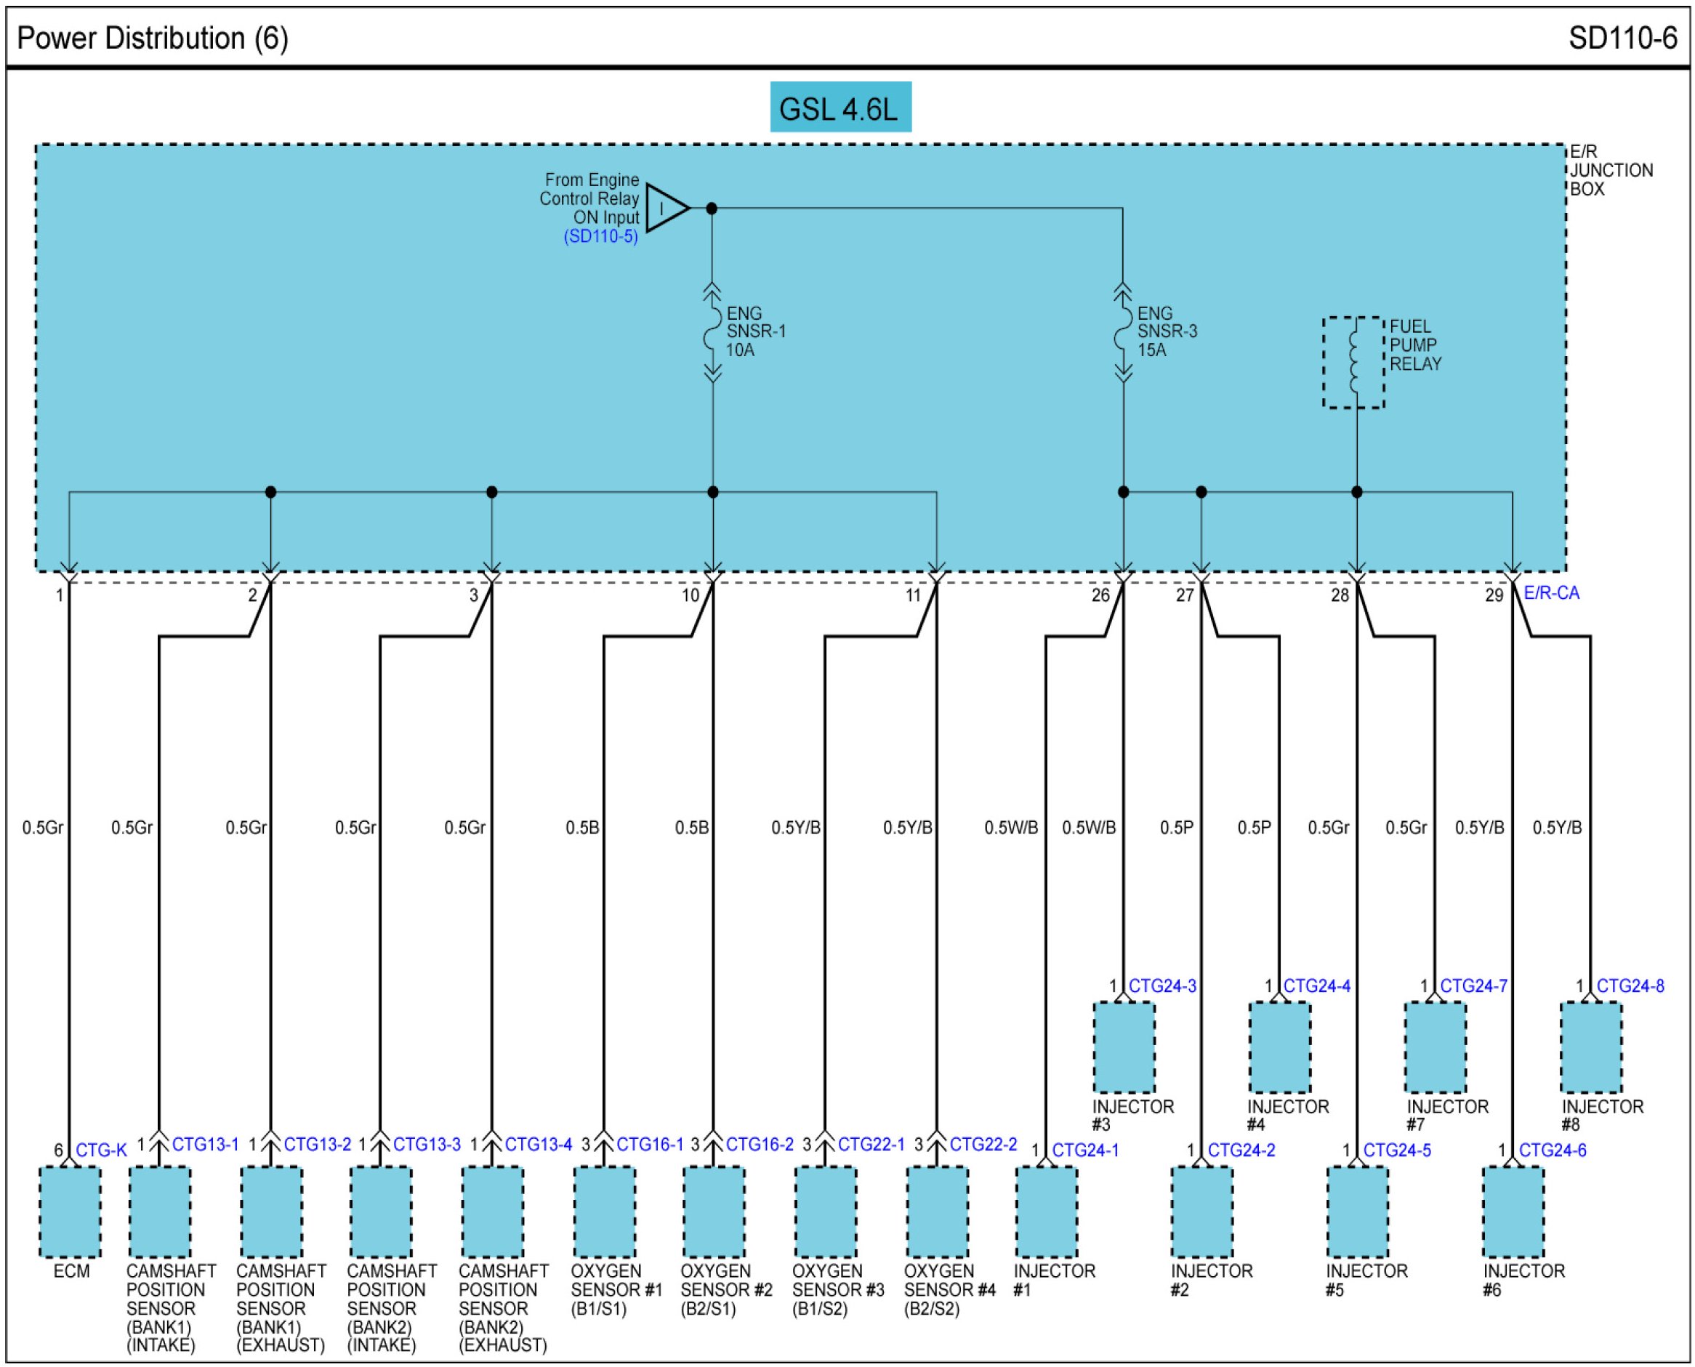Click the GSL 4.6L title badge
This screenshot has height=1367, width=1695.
click(x=840, y=107)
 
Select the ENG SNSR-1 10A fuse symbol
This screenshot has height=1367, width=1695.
click(x=712, y=332)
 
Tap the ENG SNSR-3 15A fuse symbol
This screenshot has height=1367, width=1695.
click(x=1122, y=332)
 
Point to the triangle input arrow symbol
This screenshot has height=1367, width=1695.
click(x=666, y=209)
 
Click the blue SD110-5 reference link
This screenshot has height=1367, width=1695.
click(x=600, y=236)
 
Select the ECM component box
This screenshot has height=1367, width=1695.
click(x=70, y=1212)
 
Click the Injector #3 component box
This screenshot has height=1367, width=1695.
click(x=1124, y=1047)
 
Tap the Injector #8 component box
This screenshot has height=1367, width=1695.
click(x=1591, y=1047)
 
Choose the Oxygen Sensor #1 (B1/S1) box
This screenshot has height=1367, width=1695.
click(x=604, y=1212)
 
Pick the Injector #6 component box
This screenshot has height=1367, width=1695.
click(x=1513, y=1212)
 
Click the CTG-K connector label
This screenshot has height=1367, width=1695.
click(x=101, y=1150)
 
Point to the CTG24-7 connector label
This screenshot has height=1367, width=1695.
click(x=1473, y=986)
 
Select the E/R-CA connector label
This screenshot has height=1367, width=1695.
click(x=1551, y=593)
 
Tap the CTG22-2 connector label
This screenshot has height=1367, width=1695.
click(x=983, y=1144)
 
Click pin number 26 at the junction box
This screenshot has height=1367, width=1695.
click(x=1100, y=595)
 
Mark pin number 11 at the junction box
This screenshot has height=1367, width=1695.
click(x=913, y=595)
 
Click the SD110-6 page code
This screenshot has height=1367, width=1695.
click(x=1622, y=38)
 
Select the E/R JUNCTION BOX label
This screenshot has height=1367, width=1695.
click(x=1610, y=170)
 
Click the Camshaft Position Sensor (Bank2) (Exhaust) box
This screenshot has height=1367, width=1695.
click(x=492, y=1212)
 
